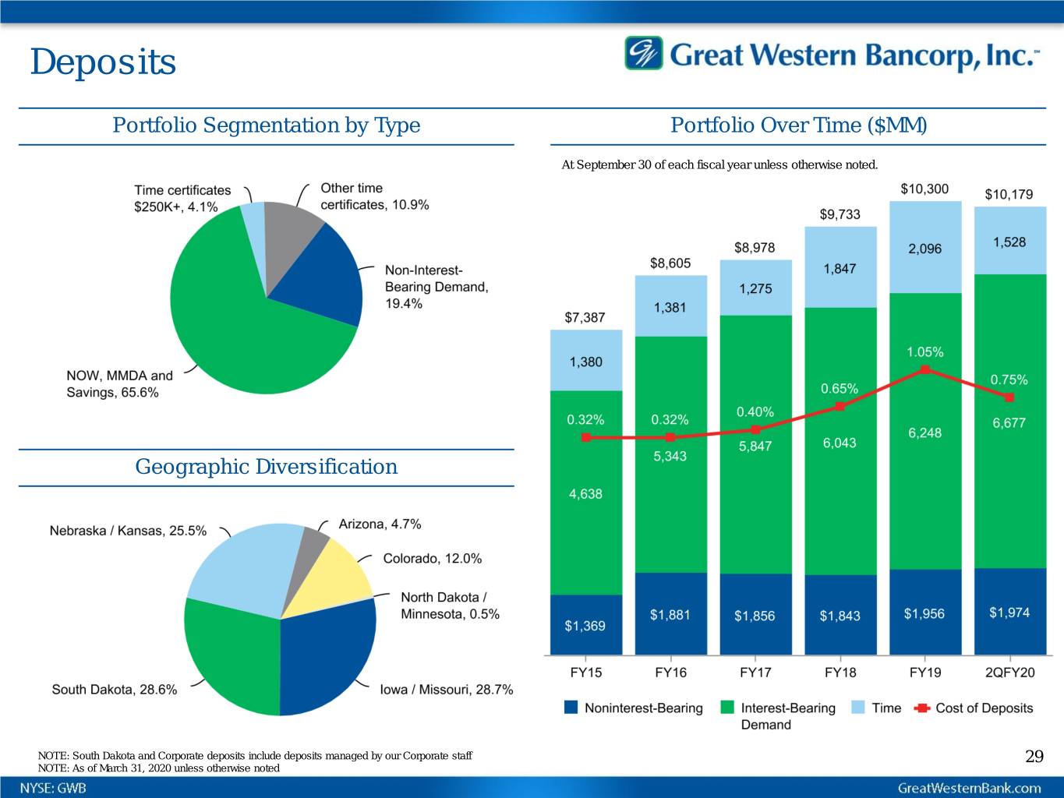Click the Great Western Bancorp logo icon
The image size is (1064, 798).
pos(644,53)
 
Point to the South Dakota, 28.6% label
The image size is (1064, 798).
pos(114,690)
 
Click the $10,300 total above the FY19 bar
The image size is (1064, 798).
pos(924,189)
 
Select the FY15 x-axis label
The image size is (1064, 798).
pos(586,673)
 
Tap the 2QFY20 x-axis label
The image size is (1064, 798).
pos(1009,673)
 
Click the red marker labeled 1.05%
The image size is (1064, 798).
pos(924,369)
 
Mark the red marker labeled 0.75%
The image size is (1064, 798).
pos(1009,397)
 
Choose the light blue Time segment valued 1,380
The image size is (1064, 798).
pos(586,361)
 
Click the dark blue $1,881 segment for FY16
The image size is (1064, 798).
pos(670,614)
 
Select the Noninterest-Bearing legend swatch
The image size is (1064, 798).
pos(571,708)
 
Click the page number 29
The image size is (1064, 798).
pos(1034,756)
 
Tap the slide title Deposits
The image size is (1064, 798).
pos(103,62)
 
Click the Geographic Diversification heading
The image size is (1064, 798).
pos(266,467)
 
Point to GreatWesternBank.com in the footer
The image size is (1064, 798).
pos(970,788)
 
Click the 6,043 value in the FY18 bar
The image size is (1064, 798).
pos(840,443)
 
